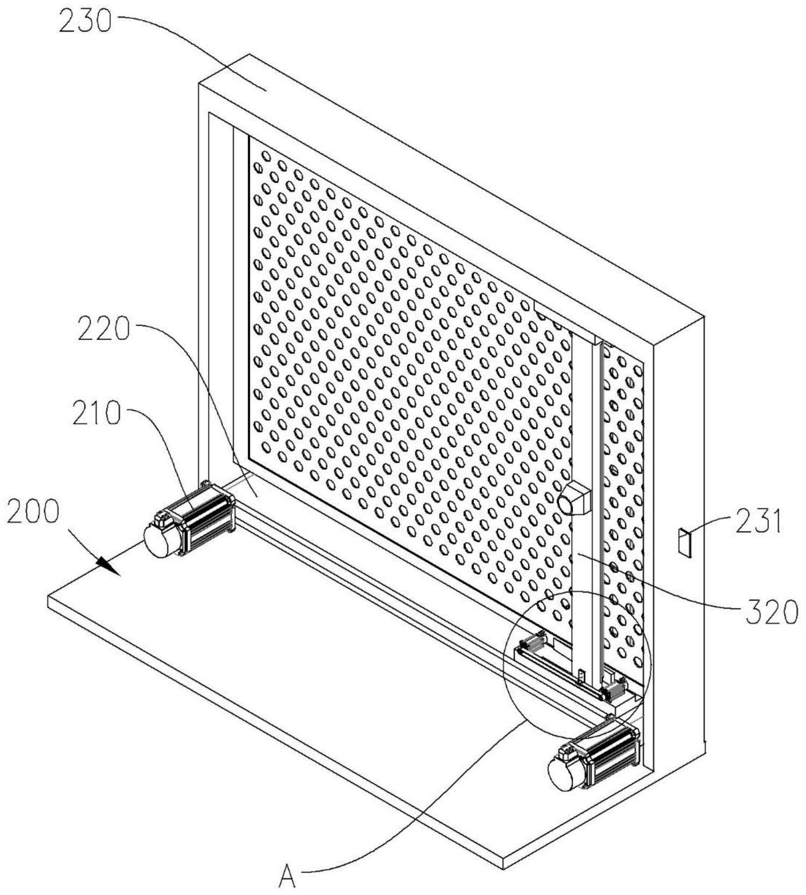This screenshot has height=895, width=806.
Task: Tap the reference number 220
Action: tap(104, 330)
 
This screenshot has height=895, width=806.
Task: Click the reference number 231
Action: tap(758, 522)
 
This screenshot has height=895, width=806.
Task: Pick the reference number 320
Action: tap(771, 612)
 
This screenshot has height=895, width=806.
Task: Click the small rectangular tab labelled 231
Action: tap(684, 542)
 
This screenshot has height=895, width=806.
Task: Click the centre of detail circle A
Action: tap(577, 664)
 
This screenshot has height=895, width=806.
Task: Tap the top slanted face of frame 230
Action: tap(430, 177)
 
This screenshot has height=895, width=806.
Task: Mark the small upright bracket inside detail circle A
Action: tap(581, 676)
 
